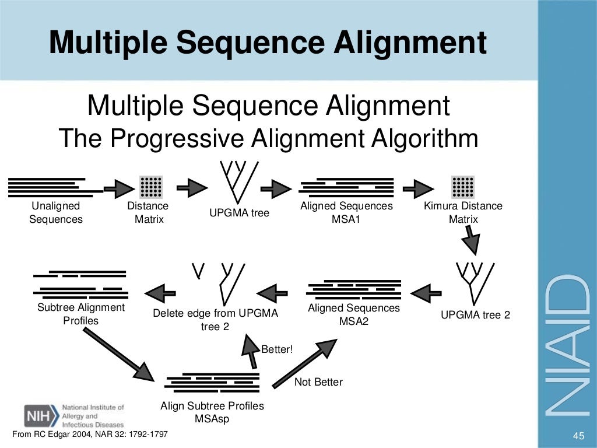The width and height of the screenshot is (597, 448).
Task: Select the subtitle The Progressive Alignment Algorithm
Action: click(268, 139)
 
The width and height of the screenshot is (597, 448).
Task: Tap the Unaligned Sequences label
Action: click(56, 213)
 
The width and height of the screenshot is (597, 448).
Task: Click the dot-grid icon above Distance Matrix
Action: click(151, 186)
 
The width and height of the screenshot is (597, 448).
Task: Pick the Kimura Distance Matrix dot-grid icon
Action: click(463, 186)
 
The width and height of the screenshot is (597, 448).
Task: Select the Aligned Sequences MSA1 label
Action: click(346, 213)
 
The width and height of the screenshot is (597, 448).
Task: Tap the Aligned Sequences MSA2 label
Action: click(354, 314)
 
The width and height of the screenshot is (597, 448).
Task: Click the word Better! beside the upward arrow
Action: click(277, 349)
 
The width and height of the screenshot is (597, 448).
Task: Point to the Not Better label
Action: click(318, 382)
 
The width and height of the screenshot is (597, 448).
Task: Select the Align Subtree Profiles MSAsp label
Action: click(212, 412)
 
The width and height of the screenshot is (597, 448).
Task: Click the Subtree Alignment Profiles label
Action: click(81, 314)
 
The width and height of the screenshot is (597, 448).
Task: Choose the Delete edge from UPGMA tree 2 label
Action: click(215, 320)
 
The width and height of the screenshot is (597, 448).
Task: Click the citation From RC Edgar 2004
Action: click(90, 435)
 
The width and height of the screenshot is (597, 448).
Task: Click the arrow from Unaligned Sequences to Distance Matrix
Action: click(119, 188)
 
